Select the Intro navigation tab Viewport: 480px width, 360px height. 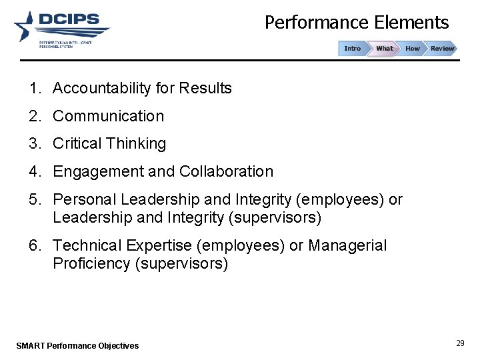point(352,49)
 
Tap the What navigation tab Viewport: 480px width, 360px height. point(384,49)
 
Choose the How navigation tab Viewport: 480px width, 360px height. point(413,49)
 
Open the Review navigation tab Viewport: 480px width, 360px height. point(442,49)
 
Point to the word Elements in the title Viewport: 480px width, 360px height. point(411,23)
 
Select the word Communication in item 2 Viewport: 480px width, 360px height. point(108,116)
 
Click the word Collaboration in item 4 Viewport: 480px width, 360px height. point(226,171)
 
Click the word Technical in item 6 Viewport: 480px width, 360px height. point(87,246)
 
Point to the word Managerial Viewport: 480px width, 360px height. point(347,246)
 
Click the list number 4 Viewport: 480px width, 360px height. point(33,171)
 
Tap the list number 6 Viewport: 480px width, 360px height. point(33,246)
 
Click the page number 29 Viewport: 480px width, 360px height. point(460,343)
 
